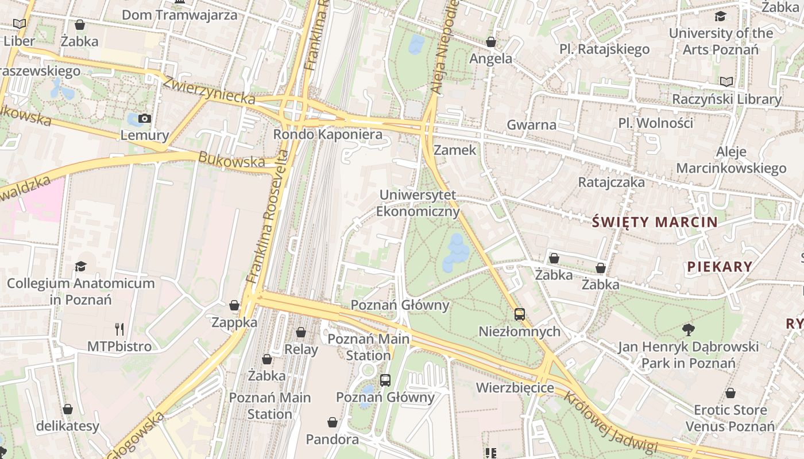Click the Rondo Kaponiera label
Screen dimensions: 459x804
click(327, 134)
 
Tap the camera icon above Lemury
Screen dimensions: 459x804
click(145, 119)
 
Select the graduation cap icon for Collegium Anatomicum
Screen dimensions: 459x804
click(80, 267)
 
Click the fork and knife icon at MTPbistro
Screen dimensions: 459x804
click(119, 329)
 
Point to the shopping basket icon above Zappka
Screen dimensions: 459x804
click(234, 305)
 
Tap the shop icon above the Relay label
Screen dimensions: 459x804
click(301, 332)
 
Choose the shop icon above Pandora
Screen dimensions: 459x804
click(332, 423)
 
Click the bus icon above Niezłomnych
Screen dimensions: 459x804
click(520, 314)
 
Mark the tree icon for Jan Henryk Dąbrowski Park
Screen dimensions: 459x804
click(688, 329)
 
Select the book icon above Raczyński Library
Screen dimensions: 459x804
click(726, 82)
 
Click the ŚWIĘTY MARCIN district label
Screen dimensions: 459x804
click(655, 222)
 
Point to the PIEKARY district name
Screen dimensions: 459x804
click(720, 266)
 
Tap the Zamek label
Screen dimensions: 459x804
click(455, 150)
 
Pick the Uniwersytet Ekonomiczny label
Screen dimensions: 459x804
click(418, 203)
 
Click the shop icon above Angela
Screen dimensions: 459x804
click(491, 42)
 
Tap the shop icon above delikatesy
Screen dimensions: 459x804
click(68, 409)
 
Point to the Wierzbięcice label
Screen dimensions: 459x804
click(515, 388)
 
